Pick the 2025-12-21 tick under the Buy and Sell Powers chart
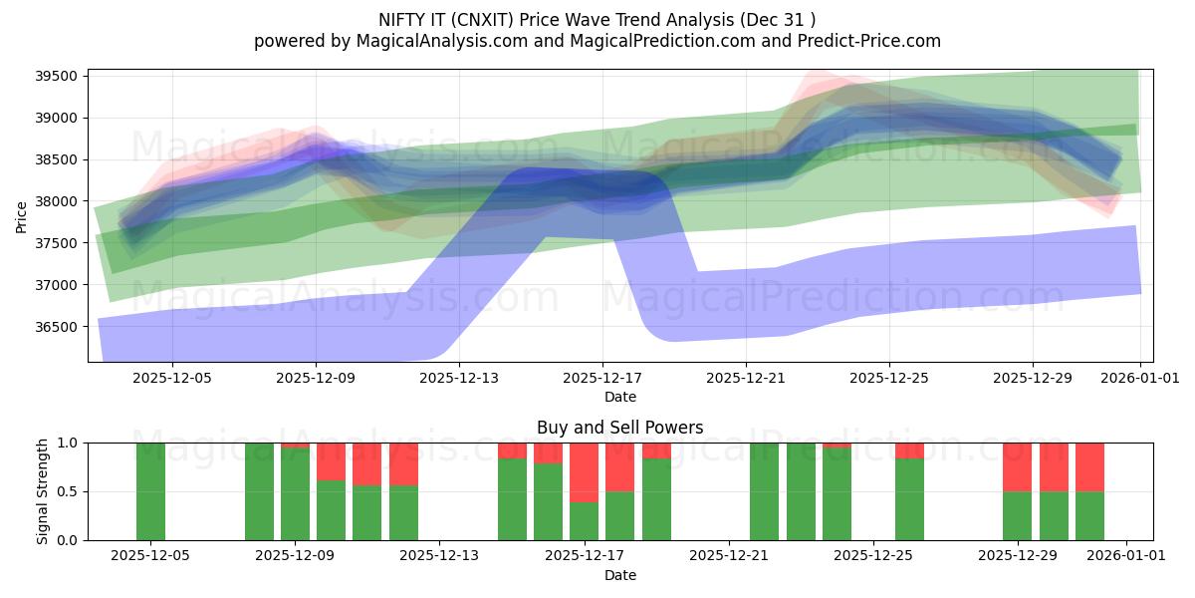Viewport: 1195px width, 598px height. click(729, 556)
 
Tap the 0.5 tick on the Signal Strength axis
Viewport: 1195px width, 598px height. click(70, 491)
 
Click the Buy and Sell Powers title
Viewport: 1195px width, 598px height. click(619, 428)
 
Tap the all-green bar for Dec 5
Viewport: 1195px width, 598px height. click(150, 491)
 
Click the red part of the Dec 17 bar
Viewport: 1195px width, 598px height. click(585, 471)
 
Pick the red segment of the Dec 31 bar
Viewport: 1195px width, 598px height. click(1089, 466)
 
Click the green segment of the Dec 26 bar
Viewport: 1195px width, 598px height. click(909, 499)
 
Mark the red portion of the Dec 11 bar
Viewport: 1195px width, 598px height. click(367, 463)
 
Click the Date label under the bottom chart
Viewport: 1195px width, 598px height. click(619, 575)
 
